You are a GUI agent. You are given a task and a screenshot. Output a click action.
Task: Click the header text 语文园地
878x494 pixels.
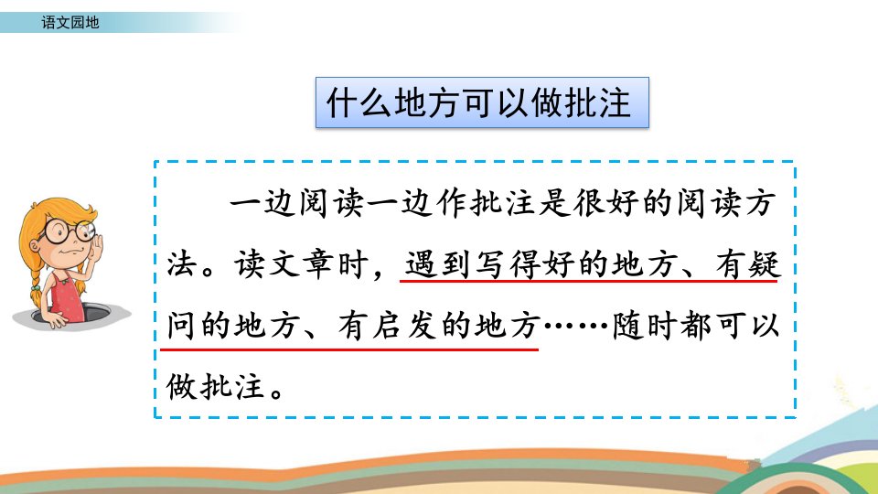(70, 22)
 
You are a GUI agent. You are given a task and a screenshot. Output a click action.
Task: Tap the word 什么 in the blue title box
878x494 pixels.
(359, 103)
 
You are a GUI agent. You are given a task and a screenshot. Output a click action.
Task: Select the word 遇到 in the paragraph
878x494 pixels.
(437, 264)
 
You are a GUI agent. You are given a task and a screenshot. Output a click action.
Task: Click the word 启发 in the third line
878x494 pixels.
(404, 326)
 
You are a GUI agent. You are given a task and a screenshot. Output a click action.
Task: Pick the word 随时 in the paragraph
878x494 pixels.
(644, 326)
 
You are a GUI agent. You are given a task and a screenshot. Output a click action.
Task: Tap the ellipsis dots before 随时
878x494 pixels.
(576, 326)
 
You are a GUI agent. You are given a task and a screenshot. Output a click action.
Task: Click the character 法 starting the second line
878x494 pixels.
(183, 264)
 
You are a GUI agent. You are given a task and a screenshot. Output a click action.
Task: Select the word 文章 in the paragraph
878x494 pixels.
(301, 264)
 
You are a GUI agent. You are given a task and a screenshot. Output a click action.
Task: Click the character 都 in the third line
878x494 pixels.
(696, 326)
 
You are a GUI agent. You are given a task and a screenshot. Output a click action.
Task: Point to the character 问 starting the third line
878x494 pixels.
(183, 326)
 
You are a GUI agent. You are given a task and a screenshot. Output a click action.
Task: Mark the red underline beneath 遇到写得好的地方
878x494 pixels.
(588, 281)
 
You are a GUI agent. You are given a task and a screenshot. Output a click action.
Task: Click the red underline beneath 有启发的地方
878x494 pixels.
(349, 349)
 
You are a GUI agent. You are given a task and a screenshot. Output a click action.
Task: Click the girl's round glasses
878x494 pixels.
(69, 231)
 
